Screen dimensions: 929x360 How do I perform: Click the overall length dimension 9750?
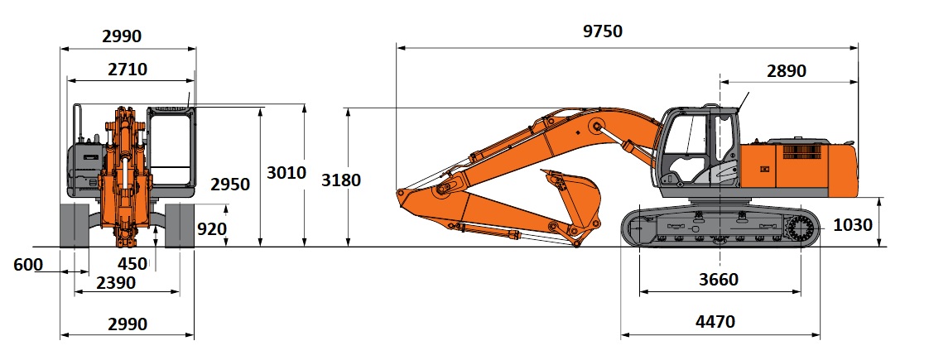(603, 31)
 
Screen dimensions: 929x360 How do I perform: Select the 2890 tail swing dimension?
(787, 71)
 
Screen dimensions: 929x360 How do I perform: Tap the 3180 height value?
(340, 180)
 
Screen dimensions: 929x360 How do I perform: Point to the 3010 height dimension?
(286, 173)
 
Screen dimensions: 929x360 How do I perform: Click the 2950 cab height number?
(230, 185)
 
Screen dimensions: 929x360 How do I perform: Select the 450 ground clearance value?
(132, 263)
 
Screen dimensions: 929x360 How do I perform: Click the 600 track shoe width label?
(28, 265)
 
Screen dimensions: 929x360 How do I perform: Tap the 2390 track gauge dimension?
(116, 283)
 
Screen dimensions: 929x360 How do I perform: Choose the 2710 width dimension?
(128, 70)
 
